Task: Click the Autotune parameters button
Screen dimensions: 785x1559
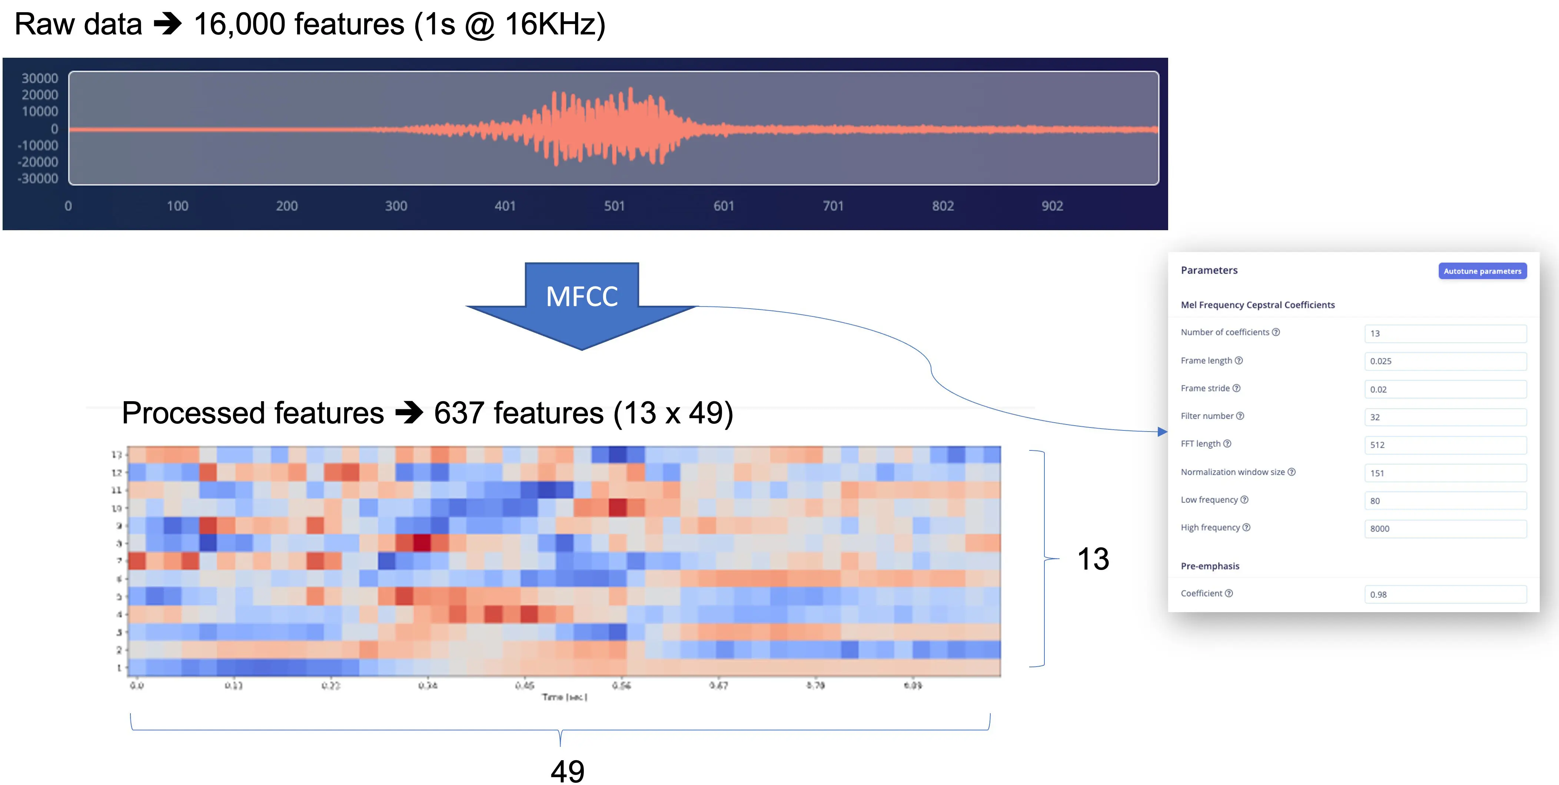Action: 1482,271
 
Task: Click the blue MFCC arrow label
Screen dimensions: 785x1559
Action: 582,296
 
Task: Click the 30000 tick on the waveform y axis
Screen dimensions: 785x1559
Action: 40,78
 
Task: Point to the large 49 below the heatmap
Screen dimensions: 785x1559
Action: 567,771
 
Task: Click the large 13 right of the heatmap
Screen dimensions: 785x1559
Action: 1093,559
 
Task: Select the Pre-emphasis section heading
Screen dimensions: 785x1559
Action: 1210,566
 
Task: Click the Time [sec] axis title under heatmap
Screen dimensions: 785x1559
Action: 564,697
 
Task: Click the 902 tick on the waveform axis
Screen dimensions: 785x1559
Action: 1052,206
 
